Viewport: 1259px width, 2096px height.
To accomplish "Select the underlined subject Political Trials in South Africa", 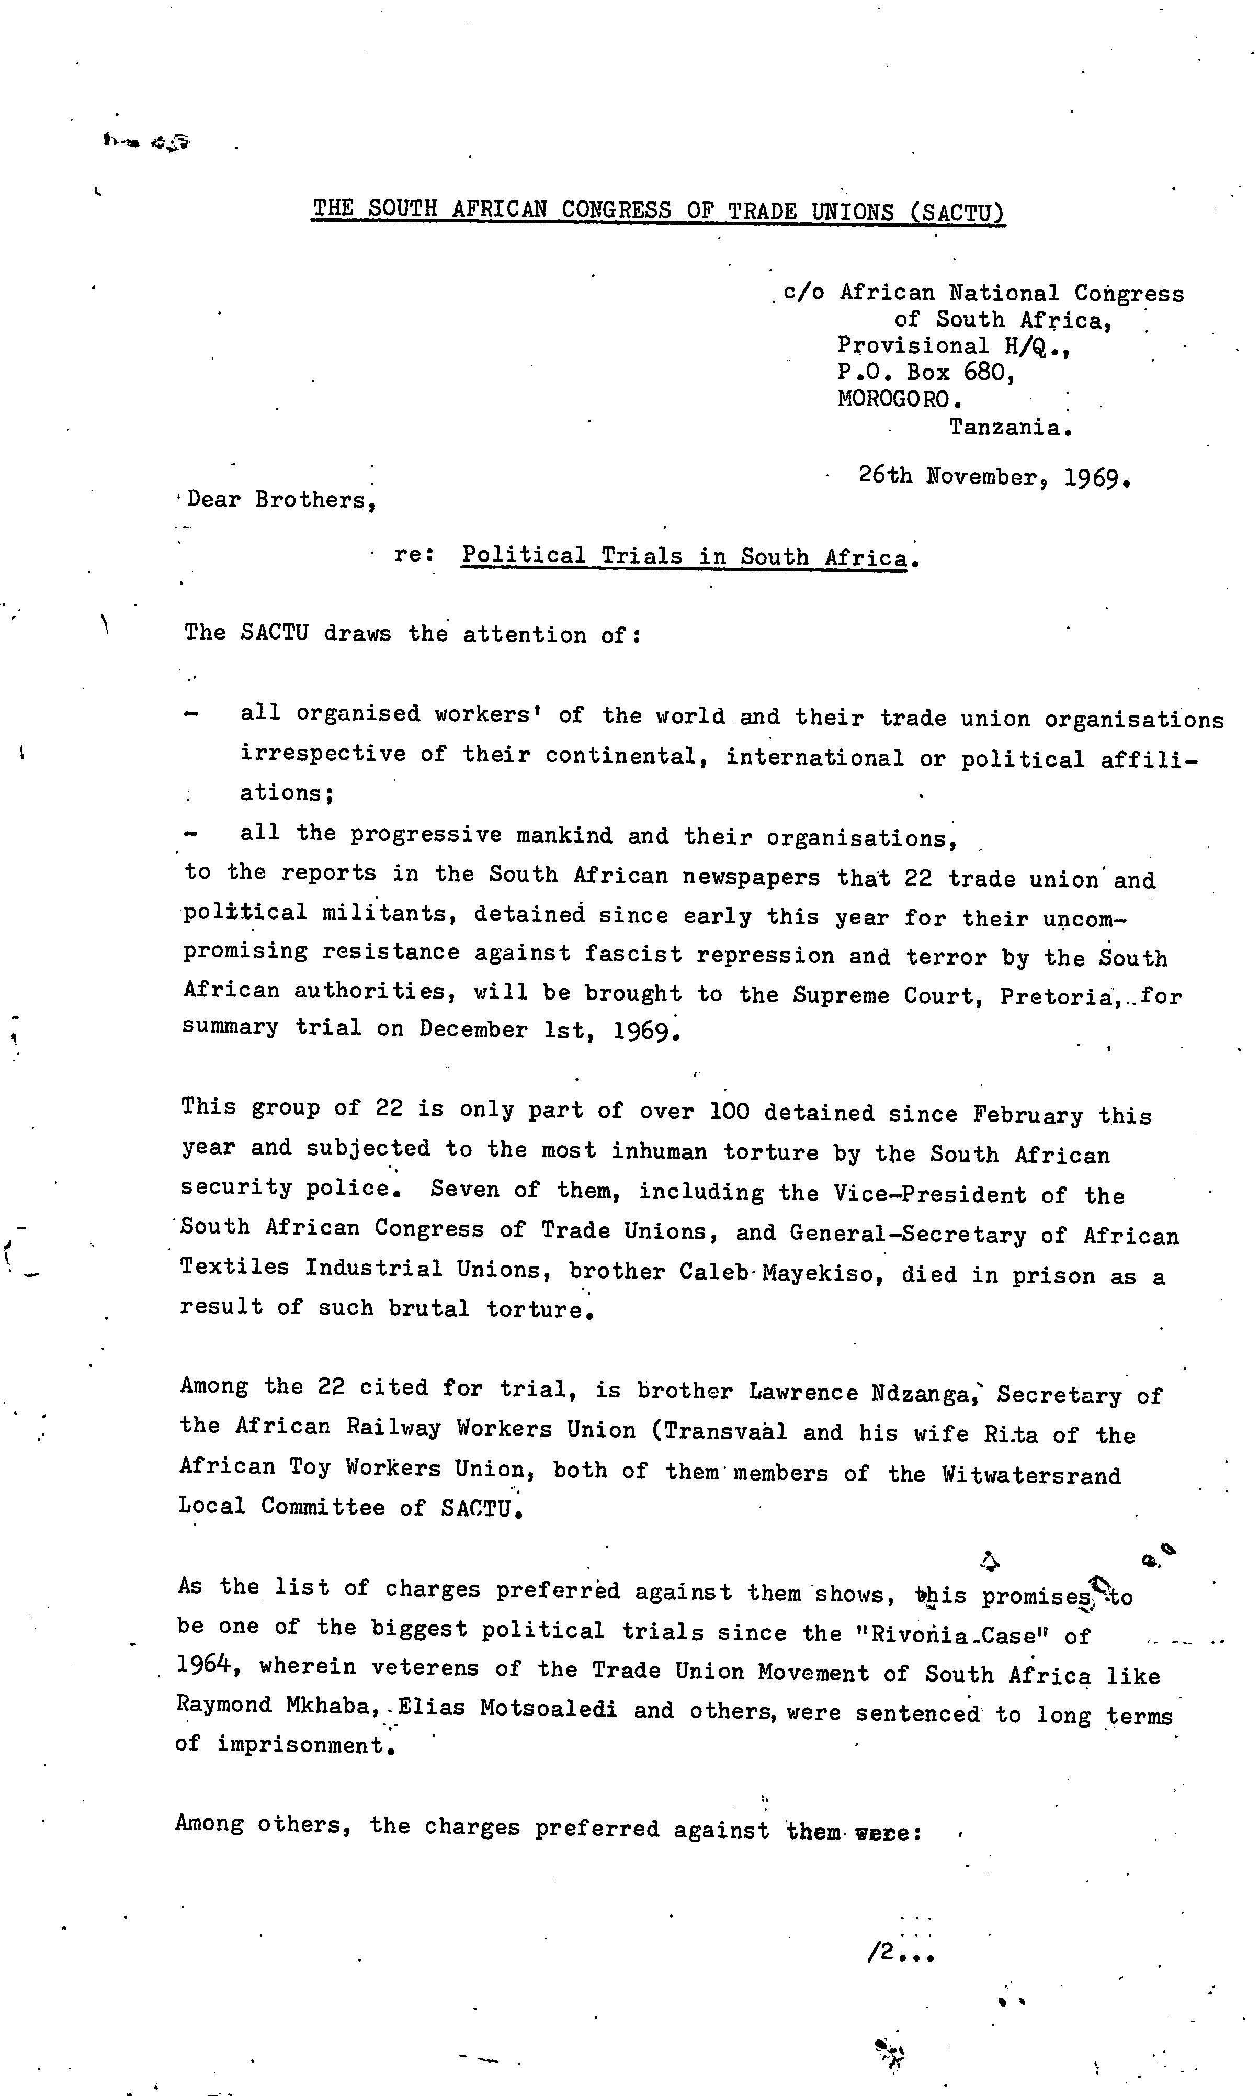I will [x=684, y=557].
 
